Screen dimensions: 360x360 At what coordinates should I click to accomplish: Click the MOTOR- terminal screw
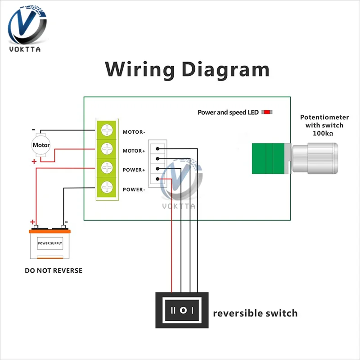(x=108, y=130)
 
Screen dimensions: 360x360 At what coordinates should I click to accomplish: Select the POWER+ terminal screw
(x=108, y=168)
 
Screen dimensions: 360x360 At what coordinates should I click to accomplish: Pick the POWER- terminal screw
(x=108, y=187)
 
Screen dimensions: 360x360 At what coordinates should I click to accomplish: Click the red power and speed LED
(x=267, y=112)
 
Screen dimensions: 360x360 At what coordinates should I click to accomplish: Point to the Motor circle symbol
(x=41, y=145)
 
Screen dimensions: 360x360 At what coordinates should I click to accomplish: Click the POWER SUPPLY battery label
(x=50, y=243)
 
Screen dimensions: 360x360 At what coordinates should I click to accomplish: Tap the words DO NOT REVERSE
(x=54, y=271)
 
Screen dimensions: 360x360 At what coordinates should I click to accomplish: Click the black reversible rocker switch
(x=183, y=310)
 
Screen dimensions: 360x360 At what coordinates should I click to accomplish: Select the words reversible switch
(x=255, y=313)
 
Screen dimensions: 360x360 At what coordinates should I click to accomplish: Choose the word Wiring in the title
(x=139, y=70)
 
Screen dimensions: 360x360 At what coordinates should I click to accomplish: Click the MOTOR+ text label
(x=134, y=151)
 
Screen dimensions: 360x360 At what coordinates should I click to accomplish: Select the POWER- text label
(x=134, y=189)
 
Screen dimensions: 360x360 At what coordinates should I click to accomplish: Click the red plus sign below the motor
(x=34, y=161)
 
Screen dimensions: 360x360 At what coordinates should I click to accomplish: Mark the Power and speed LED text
(x=228, y=112)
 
